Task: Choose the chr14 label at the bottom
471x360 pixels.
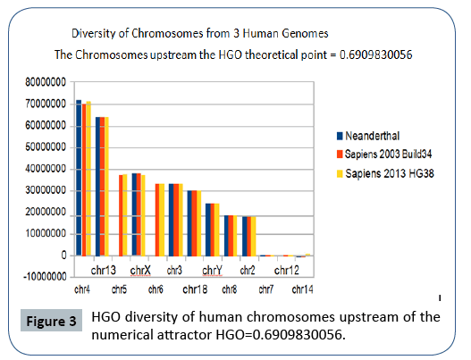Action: (x=302, y=289)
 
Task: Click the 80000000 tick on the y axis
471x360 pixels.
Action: (x=44, y=83)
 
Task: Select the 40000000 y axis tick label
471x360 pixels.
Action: (x=44, y=169)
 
